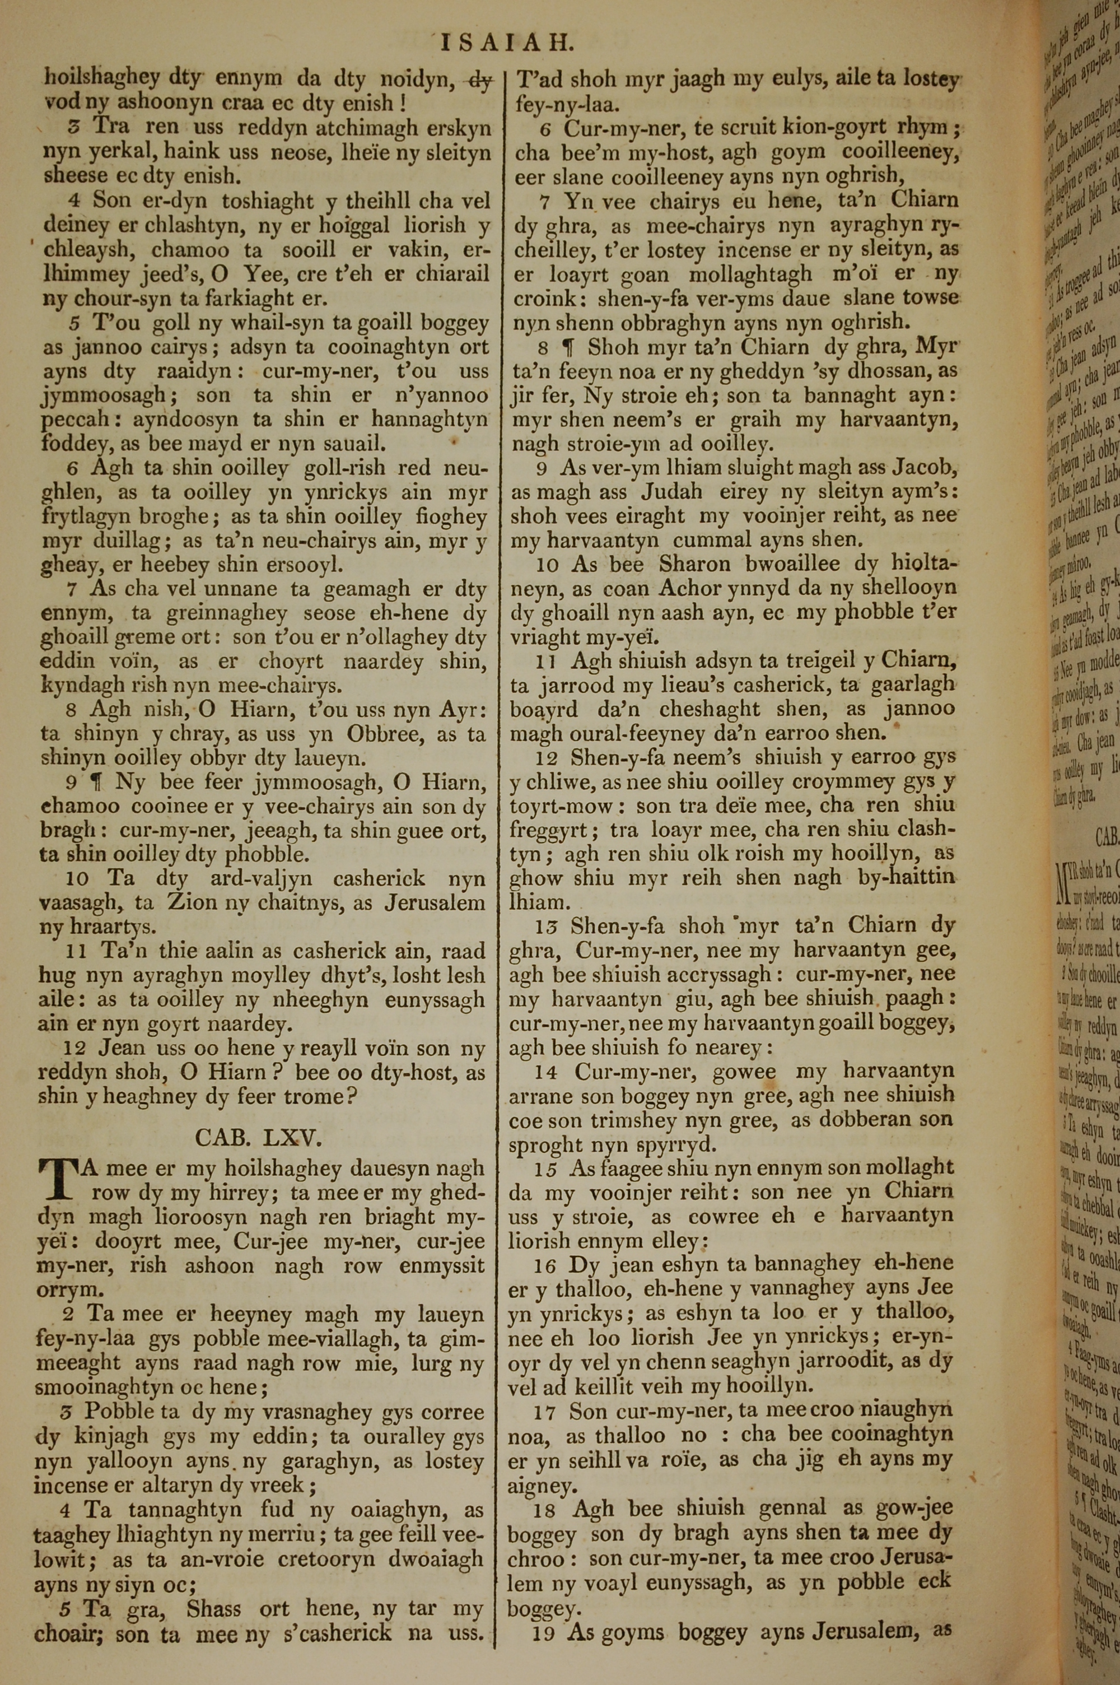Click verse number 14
tap(549, 1072)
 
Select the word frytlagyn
tap(86, 516)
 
